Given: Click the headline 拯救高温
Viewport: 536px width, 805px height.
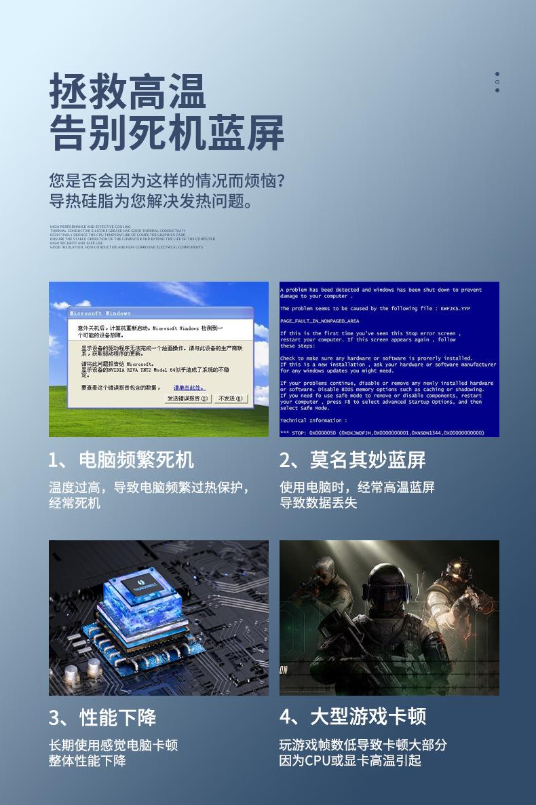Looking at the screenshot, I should tap(127, 92).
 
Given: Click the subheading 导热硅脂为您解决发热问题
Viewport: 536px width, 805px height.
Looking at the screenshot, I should tap(153, 202).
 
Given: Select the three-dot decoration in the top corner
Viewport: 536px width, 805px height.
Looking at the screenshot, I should tap(497, 82).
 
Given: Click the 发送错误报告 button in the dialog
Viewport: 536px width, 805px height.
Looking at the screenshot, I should tap(188, 398).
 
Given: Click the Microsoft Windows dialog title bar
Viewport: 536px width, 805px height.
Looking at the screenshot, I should tap(160, 313).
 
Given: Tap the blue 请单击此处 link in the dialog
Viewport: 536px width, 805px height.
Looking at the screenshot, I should tap(189, 388).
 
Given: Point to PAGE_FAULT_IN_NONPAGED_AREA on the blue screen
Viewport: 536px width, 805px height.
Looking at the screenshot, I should tap(320, 320).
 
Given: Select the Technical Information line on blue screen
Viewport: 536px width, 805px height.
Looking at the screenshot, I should tap(313, 420).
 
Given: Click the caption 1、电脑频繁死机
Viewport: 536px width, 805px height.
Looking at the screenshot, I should tap(121, 460).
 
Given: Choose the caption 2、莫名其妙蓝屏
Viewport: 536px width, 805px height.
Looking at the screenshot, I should tap(353, 460).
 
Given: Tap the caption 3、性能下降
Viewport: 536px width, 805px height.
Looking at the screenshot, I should tap(102, 717).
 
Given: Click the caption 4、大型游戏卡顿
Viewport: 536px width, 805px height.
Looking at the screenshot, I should tap(353, 717).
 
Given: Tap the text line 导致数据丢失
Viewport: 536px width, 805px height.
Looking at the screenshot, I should tap(318, 503).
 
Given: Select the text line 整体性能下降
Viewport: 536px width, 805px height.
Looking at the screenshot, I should tap(88, 761).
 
